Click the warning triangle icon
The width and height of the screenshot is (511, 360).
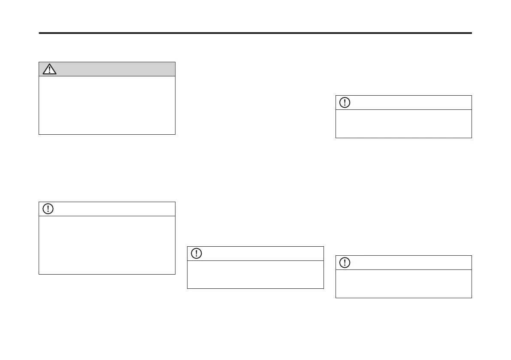pyautogui.click(x=50, y=69)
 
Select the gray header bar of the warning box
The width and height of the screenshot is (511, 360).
pyautogui.click(x=112, y=69)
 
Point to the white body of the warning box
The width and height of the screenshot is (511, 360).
pyautogui.click(x=107, y=105)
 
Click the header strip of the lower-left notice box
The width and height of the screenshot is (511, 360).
pyautogui.click(x=112, y=209)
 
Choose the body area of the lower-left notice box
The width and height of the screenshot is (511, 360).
pyautogui.click(x=107, y=245)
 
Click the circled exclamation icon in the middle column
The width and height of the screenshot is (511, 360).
pyautogui.click(x=197, y=253)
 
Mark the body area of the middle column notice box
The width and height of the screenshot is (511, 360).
pyautogui.click(x=255, y=274)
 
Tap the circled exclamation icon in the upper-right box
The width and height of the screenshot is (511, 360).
pyautogui.click(x=345, y=103)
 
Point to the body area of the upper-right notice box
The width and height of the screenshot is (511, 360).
pyautogui.click(x=403, y=124)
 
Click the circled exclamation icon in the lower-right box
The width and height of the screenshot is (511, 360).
pyautogui.click(x=345, y=263)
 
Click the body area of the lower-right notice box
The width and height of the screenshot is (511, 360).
pyautogui.click(x=403, y=284)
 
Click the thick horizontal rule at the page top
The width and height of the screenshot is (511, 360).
pyautogui.click(x=255, y=33)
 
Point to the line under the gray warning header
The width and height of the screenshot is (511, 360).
pyautogui.click(x=107, y=76)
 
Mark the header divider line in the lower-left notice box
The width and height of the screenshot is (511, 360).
pyautogui.click(x=107, y=216)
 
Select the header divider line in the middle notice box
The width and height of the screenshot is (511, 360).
pyautogui.click(x=255, y=260)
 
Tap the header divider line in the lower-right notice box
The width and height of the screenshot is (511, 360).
pyautogui.click(x=403, y=269)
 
